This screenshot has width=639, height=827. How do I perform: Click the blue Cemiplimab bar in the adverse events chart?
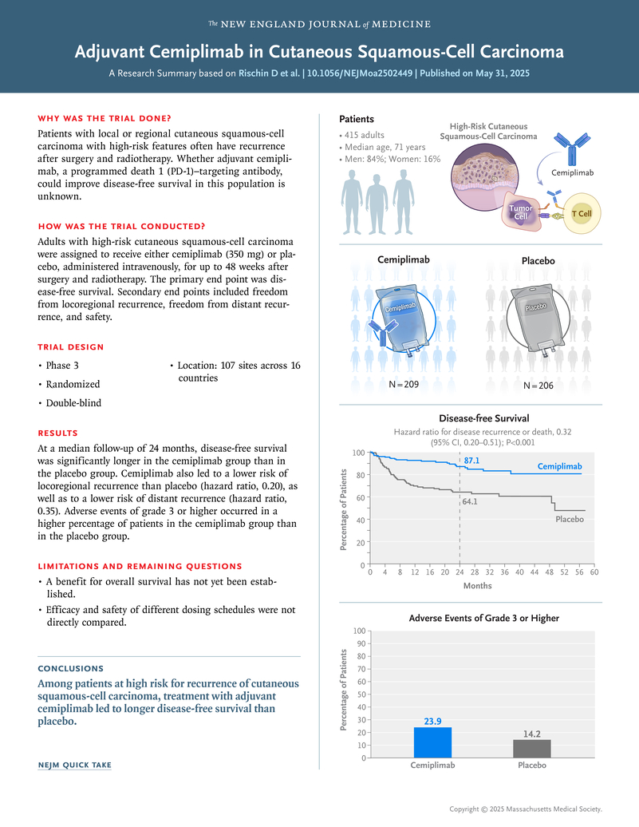[x=432, y=742]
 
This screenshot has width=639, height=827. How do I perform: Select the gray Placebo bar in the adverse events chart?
[x=531, y=749]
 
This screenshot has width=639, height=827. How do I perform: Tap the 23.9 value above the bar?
[x=432, y=722]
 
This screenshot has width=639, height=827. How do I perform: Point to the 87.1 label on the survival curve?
[x=471, y=461]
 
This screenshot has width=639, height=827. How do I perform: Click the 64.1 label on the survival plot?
[x=471, y=502]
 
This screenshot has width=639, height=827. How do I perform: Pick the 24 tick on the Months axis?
[x=459, y=572]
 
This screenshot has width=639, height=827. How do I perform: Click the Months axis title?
[x=478, y=586]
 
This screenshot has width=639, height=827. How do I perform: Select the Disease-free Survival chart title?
[x=483, y=417]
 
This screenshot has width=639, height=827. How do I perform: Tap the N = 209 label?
[x=403, y=384]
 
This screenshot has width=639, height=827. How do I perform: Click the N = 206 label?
[x=538, y=386]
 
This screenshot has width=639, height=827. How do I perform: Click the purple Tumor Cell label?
[x=520, y=212]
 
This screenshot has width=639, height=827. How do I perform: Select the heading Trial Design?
[x=70, y=347]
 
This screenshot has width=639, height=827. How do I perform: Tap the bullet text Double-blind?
[x=73, y=403]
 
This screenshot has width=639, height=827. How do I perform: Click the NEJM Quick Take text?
[x=75, y=766]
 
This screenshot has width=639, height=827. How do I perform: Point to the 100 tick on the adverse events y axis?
[x=360, y=631]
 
